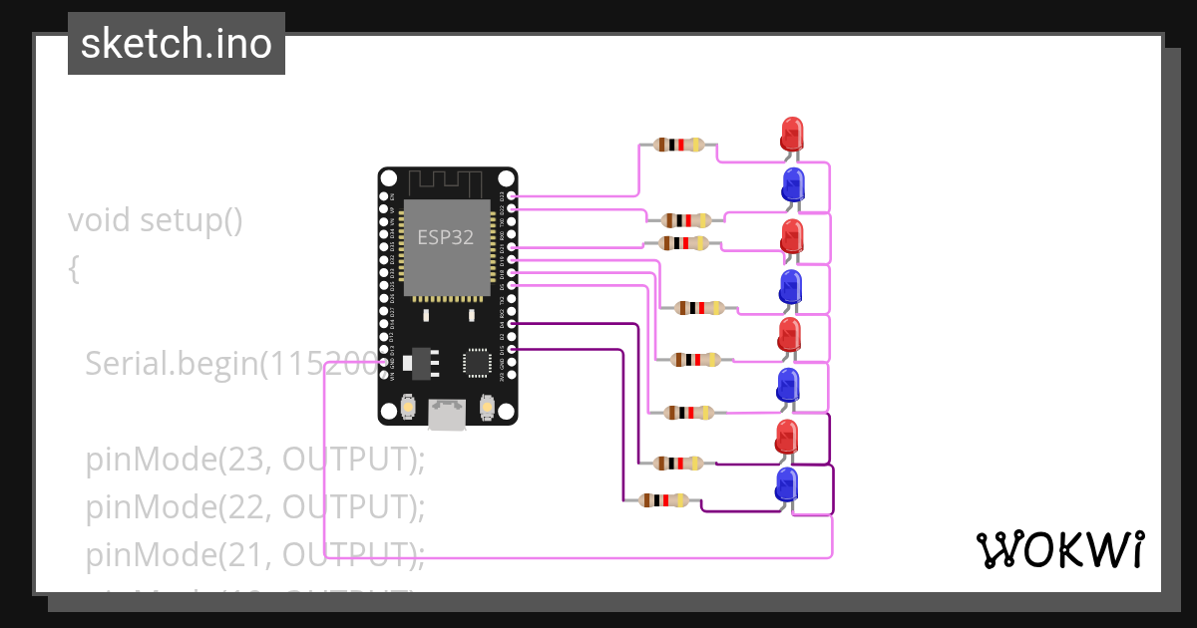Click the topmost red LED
pyautogui.click(x=791, y=134)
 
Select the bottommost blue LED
pyautogui.click(x=788, y=485)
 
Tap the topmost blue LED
pyautogui.click(x=793, y=184)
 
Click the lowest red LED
pyautogui.click(x=787, y=437)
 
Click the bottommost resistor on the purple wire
pyautogui.click(x=663, y=500)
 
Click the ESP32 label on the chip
pyautogui.click(x=445, y=237)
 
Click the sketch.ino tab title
pyautogui.click(x=177, y=44)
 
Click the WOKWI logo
pyautogui.click(x=1058, y=549)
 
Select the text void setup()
pyautogui.click(x=156, y=219)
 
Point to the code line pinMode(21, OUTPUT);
pyautogui.click(x=255, y=554)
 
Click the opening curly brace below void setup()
pyautogui.click(x=74, y=267)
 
